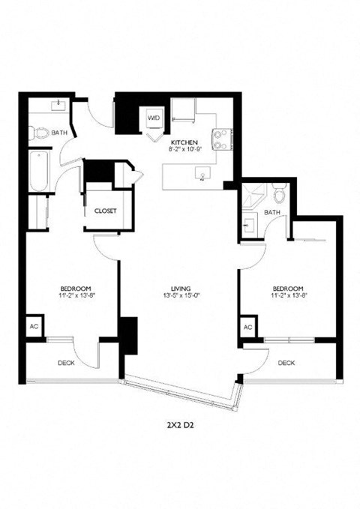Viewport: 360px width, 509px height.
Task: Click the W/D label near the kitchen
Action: pos(153,118)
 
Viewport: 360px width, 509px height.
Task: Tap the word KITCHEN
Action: pos(184,142)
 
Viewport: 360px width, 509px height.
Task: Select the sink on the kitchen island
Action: pos(202,175)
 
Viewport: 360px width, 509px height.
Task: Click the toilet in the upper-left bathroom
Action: pos(41,134)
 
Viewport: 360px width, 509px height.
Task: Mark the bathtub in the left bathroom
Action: pos(38,170)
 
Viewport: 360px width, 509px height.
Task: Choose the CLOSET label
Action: pos(105,211)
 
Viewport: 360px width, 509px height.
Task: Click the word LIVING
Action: pos(179,288)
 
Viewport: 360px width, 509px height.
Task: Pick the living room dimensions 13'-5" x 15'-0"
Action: pos(179,296)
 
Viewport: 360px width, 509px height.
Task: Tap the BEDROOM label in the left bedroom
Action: pos(76,288)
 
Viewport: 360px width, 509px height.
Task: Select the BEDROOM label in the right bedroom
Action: pos(288,288)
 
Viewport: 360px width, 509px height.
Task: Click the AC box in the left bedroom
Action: pos(34,326)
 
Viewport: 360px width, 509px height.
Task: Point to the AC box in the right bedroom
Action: pos(247,327)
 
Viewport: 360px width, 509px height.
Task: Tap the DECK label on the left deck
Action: pos(66,363)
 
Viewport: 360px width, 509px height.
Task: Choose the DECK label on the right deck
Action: pos(286,363)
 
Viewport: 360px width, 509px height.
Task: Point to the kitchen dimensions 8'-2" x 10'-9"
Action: pos(184,149)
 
